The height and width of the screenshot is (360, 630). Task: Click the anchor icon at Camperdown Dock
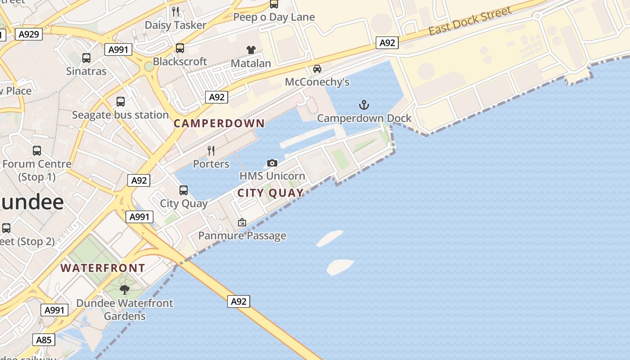tap(364, 105)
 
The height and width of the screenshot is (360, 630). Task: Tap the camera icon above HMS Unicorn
tap(272, 163)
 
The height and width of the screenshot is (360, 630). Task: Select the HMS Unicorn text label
tap(272, 176)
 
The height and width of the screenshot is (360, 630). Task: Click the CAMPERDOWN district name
tap(219, 123)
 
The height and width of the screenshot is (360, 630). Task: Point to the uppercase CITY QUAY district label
tap(270, 193)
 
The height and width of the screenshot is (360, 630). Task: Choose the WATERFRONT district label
tap(103, 268)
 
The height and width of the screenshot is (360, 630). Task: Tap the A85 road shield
tap(44, 339)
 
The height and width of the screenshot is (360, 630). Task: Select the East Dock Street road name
tap(470, 21)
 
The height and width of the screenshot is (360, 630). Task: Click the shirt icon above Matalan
tap(251, 50)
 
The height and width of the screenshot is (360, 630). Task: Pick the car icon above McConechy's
tap(317, 69)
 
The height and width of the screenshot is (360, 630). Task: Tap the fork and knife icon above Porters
tap(211, 151)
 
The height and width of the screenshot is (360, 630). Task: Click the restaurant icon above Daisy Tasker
tap(175, 12)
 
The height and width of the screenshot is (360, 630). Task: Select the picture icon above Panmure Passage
tap(242, 222)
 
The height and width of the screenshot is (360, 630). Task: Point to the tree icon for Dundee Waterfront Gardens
tap(125, 290)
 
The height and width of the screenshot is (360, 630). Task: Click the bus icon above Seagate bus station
tap(121, 102)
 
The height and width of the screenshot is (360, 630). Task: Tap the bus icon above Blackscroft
tap(180, 48)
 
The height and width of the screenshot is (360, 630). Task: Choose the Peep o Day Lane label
tap(274, 17)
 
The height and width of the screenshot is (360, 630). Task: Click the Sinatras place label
tap(86, 71)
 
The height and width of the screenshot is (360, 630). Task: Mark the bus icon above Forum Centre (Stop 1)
tap(37, 151)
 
